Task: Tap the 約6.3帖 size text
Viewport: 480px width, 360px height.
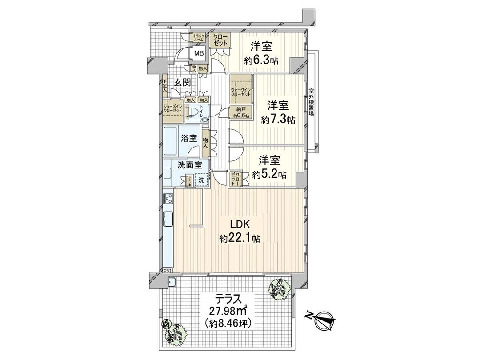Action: pos(261,60)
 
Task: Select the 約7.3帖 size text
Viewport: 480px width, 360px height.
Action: pos(278,120)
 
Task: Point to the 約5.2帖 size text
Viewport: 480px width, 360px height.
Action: pos(269,175)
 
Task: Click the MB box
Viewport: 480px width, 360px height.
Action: pos(198,53)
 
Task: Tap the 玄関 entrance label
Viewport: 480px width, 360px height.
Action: pos(182,83)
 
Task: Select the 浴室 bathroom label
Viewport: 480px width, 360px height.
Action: pos(189,138)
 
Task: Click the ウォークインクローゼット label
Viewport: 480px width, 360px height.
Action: pos(241,94)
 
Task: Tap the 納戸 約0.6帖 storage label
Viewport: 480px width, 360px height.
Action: pos(240,113)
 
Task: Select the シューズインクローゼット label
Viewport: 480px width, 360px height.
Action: pos(173,108)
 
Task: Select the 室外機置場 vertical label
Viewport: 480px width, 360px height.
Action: pos(311,102)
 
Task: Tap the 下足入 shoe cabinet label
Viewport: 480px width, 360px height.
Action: pos(165,86)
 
